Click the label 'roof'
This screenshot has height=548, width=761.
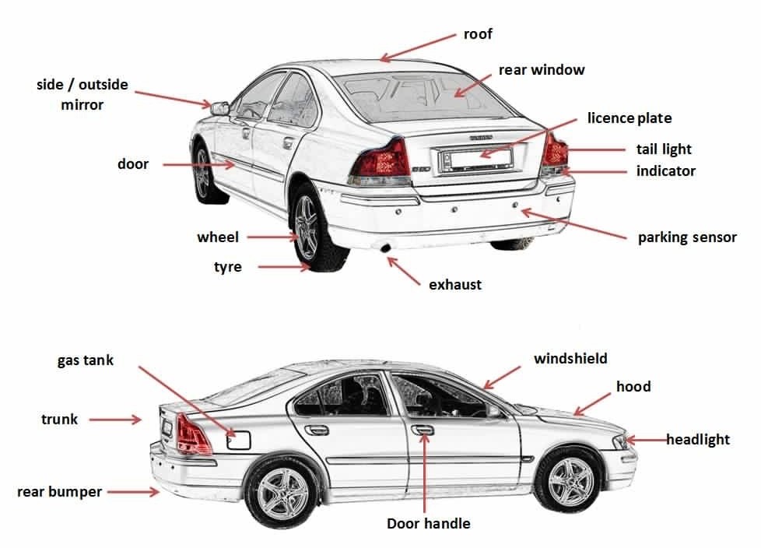[478, 34]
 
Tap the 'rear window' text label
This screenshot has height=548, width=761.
[542, 70]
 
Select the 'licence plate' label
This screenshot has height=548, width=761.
[629, 118]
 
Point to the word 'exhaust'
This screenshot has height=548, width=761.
[455, 285]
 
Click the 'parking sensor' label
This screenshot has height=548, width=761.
[687, 237]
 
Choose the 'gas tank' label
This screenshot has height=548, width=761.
[86, 360]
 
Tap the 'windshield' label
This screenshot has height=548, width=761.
[570, 359]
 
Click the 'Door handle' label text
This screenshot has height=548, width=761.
[429, 523]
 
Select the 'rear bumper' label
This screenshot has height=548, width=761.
[60, 492]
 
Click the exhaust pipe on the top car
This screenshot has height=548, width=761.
[384, 248]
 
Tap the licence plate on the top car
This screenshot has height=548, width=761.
[471, 160]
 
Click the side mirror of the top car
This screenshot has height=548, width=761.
[220, 107]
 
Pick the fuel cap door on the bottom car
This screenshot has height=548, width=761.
[238, 440]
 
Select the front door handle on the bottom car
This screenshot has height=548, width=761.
[423, 429]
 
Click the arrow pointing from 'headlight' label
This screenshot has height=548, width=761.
[646, 440]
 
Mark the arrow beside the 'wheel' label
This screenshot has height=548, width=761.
[269, 237]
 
